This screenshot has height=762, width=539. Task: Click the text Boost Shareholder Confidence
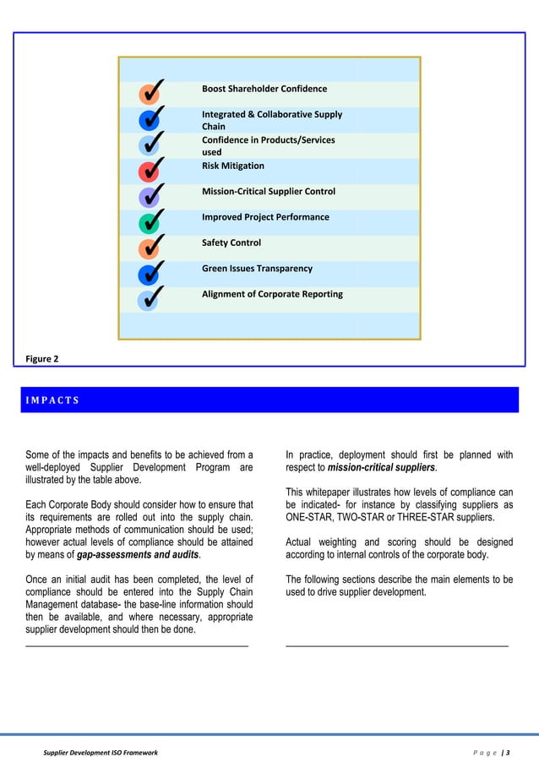coord(264,89)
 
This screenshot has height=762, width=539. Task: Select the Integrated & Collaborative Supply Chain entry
coord(271,120)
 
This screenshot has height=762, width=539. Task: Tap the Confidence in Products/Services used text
coord(268,146)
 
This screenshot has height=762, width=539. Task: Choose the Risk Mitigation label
coord(232,166)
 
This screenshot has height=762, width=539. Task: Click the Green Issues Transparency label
coord(257,269)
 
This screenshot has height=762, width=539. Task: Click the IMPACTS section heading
coord(51,400)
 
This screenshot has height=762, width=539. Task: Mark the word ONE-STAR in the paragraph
coord(312,517)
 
